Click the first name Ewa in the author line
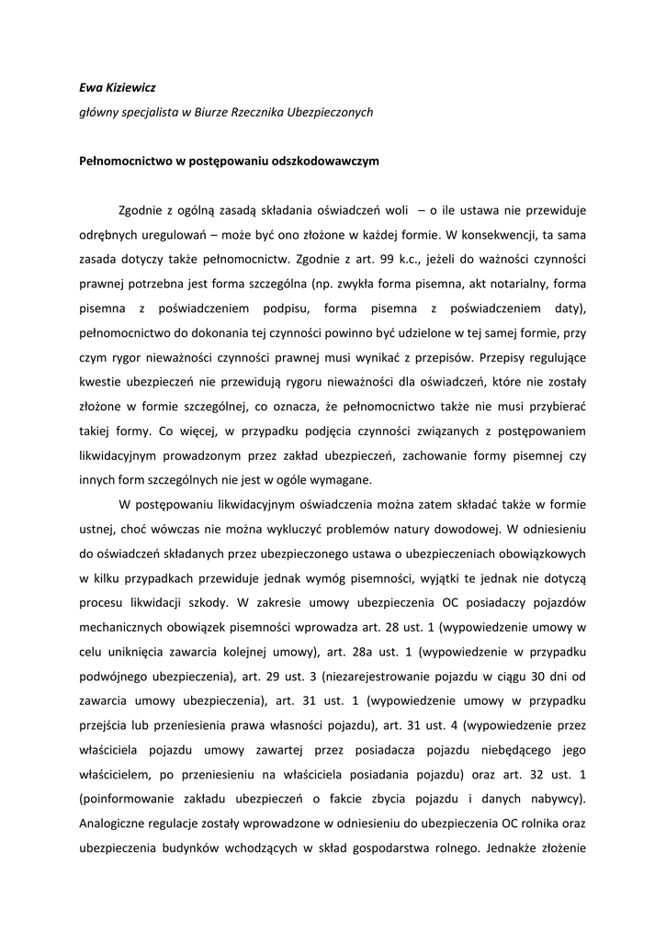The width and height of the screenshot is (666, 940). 91,88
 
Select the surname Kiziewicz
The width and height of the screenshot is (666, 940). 135,88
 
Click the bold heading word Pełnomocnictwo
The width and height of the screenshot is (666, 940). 128,160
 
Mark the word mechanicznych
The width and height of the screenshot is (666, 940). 124,624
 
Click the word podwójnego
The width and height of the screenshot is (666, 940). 115,672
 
